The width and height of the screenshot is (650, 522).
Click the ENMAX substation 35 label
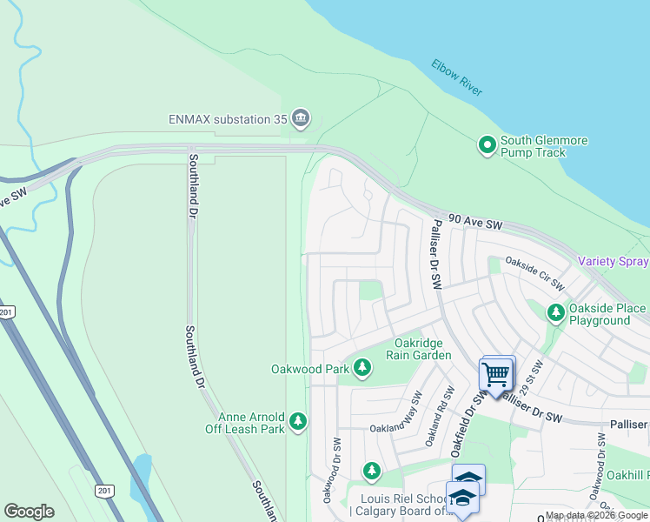click(229, 119)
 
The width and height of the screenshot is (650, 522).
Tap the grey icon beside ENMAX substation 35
click(301, 119)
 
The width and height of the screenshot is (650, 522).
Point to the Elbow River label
click(457, 77)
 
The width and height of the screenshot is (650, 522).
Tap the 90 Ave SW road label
click(475, 224)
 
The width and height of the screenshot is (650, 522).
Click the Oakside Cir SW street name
click(535, 273)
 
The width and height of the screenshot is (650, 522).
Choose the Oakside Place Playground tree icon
click(555, 311)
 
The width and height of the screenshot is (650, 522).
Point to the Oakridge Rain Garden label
click(423, 349)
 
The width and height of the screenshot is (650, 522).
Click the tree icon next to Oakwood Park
click(362, 369)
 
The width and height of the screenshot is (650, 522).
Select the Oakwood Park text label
click(310, 369)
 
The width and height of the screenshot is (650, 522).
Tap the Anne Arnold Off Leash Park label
click(251, 423)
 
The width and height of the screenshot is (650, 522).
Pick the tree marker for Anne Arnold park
click(298, 422)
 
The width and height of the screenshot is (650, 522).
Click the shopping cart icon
click(495, 375)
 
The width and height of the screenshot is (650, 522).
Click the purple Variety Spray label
click(614, 262)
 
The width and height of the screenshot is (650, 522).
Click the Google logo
click(29, 512)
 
